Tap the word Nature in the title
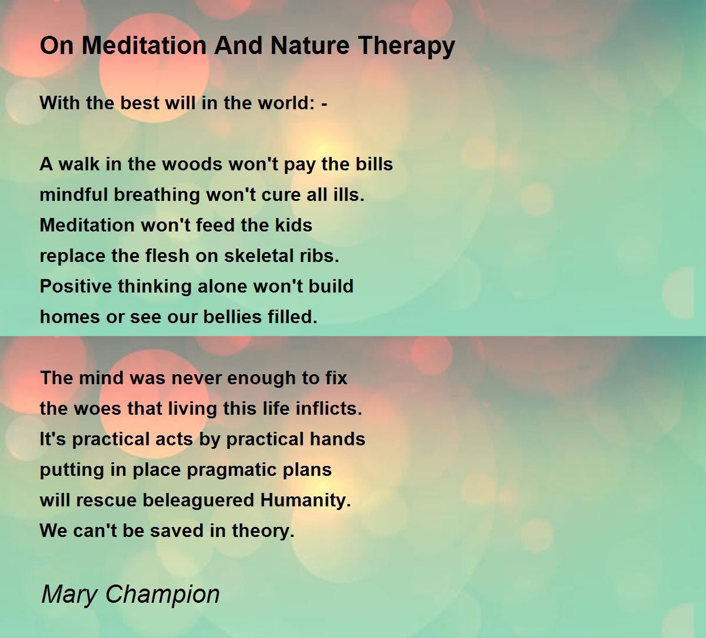pyautogui.click(x=310, y=45)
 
